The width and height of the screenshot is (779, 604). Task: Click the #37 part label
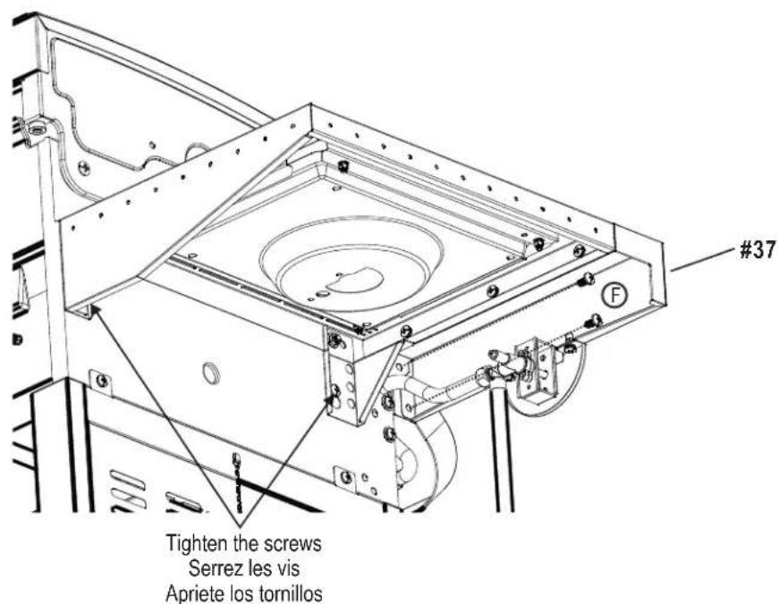(x=753, y=251)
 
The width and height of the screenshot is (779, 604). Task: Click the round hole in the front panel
(x=211, y=373)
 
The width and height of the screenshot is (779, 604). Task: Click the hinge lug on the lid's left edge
(x=36, y=129)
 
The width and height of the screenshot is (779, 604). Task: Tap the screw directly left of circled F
(x=587, y=280)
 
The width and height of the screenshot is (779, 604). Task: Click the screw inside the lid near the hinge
(x=83, y=167)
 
